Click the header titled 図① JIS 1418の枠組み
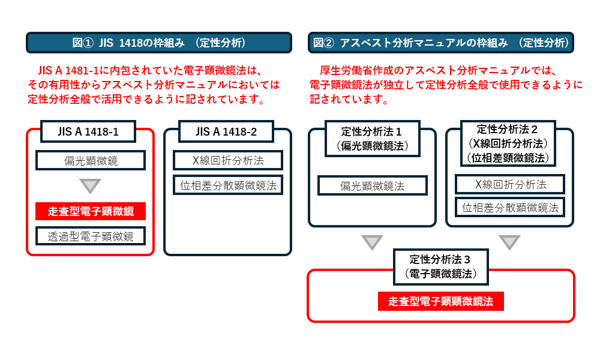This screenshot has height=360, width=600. tap(159, 43)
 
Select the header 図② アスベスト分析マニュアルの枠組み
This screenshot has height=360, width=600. tap(441, 43)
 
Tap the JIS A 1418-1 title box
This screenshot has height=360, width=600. tap(88, 131)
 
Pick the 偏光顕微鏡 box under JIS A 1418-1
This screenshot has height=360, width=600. tap(91, 160)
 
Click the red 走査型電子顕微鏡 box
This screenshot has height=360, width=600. tap(91, 211)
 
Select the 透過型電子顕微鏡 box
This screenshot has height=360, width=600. tap(91, 236)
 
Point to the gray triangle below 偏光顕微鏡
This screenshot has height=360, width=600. tap(91, 185)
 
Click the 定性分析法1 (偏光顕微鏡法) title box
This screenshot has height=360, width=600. tap(372, 138)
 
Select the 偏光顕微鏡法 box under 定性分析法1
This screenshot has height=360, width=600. tap(372, 186)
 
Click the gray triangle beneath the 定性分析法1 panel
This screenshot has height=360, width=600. tap(372, 242)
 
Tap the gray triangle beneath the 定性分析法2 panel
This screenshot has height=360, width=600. tap(509, 242)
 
